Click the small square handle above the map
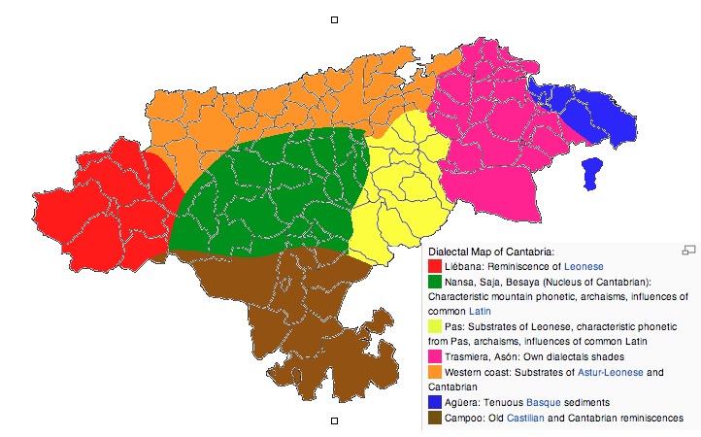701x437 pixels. point(335,18)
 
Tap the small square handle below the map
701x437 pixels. point(335,420)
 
